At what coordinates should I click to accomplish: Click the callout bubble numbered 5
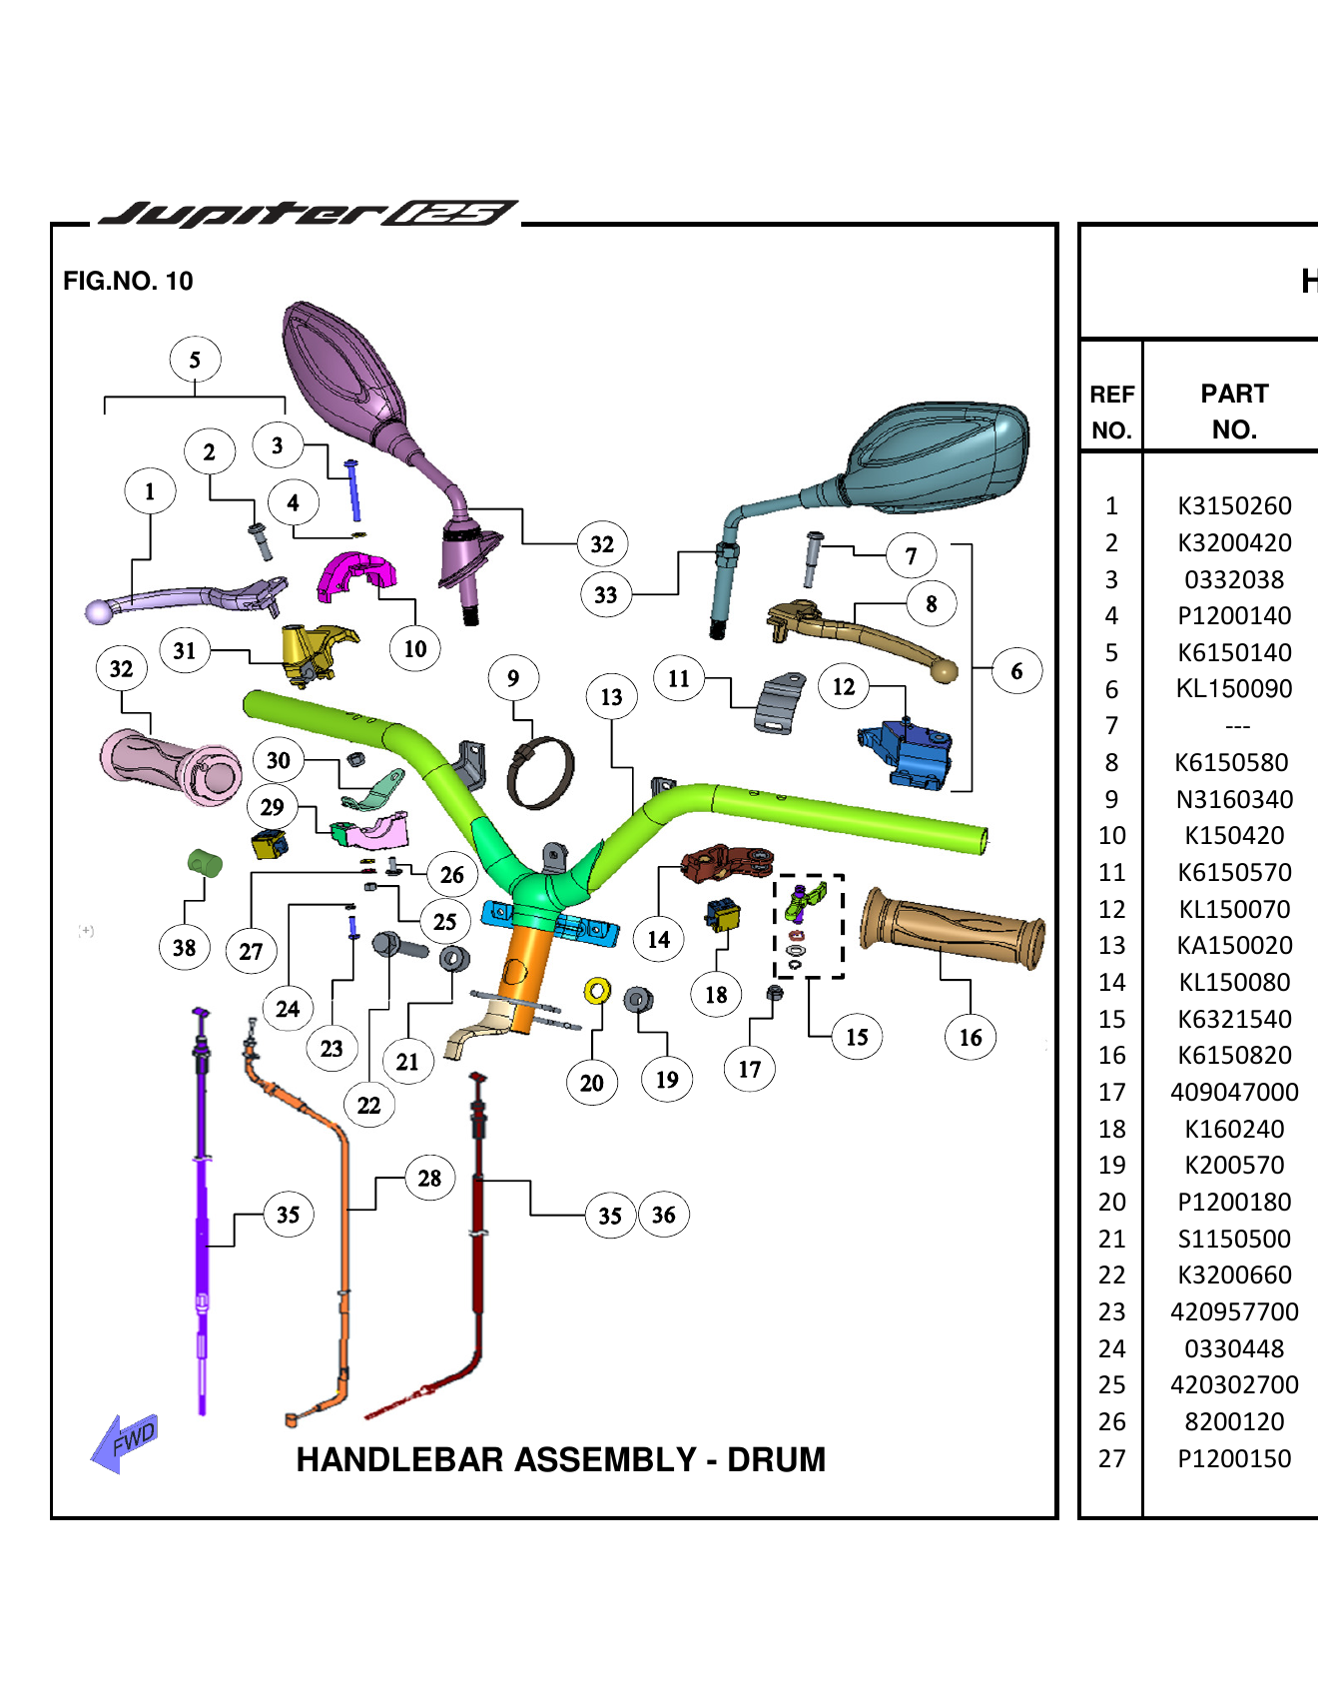(195, 360)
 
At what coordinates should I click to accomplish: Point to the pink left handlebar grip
(170, 767)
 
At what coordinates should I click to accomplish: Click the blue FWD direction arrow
(124, 1442)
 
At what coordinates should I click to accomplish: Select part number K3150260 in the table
(1234, 506)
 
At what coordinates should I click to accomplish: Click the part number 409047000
(1234, 1093)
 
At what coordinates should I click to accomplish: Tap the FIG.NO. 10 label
(128, 281)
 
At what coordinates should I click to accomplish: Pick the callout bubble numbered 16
(970, 1038)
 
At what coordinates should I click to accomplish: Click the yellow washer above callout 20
(597, 991)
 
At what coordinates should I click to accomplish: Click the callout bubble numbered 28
(429, 1179)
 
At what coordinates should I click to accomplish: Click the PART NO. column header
(1234, 411)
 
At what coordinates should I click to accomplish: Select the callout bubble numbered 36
(663, 1215)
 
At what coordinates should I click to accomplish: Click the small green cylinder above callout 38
(205, 862)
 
